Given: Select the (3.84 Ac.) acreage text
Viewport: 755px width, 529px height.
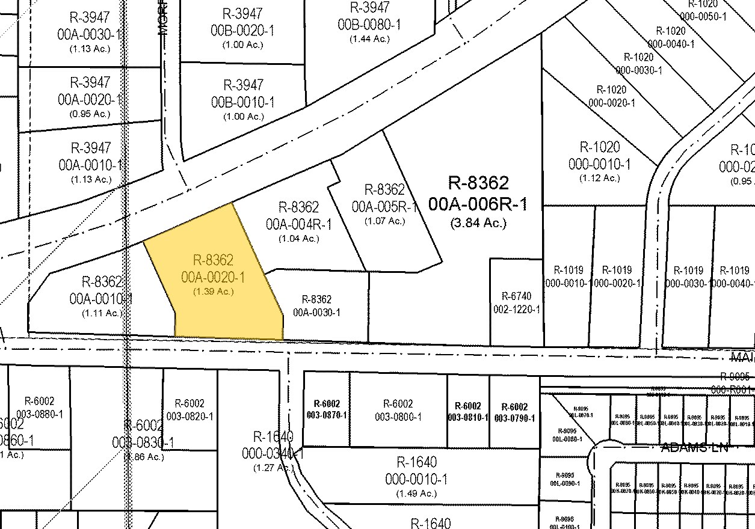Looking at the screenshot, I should [x=478, y=223].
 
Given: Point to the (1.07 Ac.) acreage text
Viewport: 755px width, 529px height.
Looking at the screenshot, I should [x=384, y=221].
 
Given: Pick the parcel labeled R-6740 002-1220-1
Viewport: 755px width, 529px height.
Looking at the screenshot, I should [x=517, y=303].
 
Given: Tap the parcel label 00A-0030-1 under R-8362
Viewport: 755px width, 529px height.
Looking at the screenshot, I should [x=316, y=313].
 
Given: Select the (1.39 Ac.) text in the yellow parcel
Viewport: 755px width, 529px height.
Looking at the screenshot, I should [x=213, y=292].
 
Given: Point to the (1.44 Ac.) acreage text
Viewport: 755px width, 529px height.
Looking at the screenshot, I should [x=369, y=38].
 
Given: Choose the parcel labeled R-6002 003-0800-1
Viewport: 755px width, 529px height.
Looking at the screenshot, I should [x=398, y=410].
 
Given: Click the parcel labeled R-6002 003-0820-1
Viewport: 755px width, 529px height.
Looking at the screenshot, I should [x=190, y=410].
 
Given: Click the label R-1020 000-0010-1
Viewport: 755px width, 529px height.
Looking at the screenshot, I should [x=599, y=156].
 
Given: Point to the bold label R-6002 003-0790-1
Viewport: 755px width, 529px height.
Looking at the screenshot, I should [x=514, y=412].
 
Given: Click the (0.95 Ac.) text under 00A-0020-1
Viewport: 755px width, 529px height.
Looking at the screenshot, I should [x=90, y=114].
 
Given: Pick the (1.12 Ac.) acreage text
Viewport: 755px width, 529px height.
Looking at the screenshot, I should [x=599, y=178].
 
